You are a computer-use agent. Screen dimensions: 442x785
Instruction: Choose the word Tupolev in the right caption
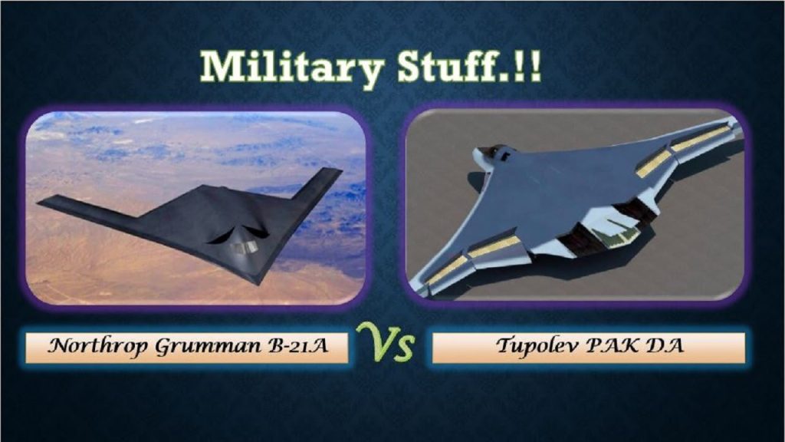point(530,346)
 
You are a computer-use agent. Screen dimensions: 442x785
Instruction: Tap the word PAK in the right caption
point(609,346)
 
